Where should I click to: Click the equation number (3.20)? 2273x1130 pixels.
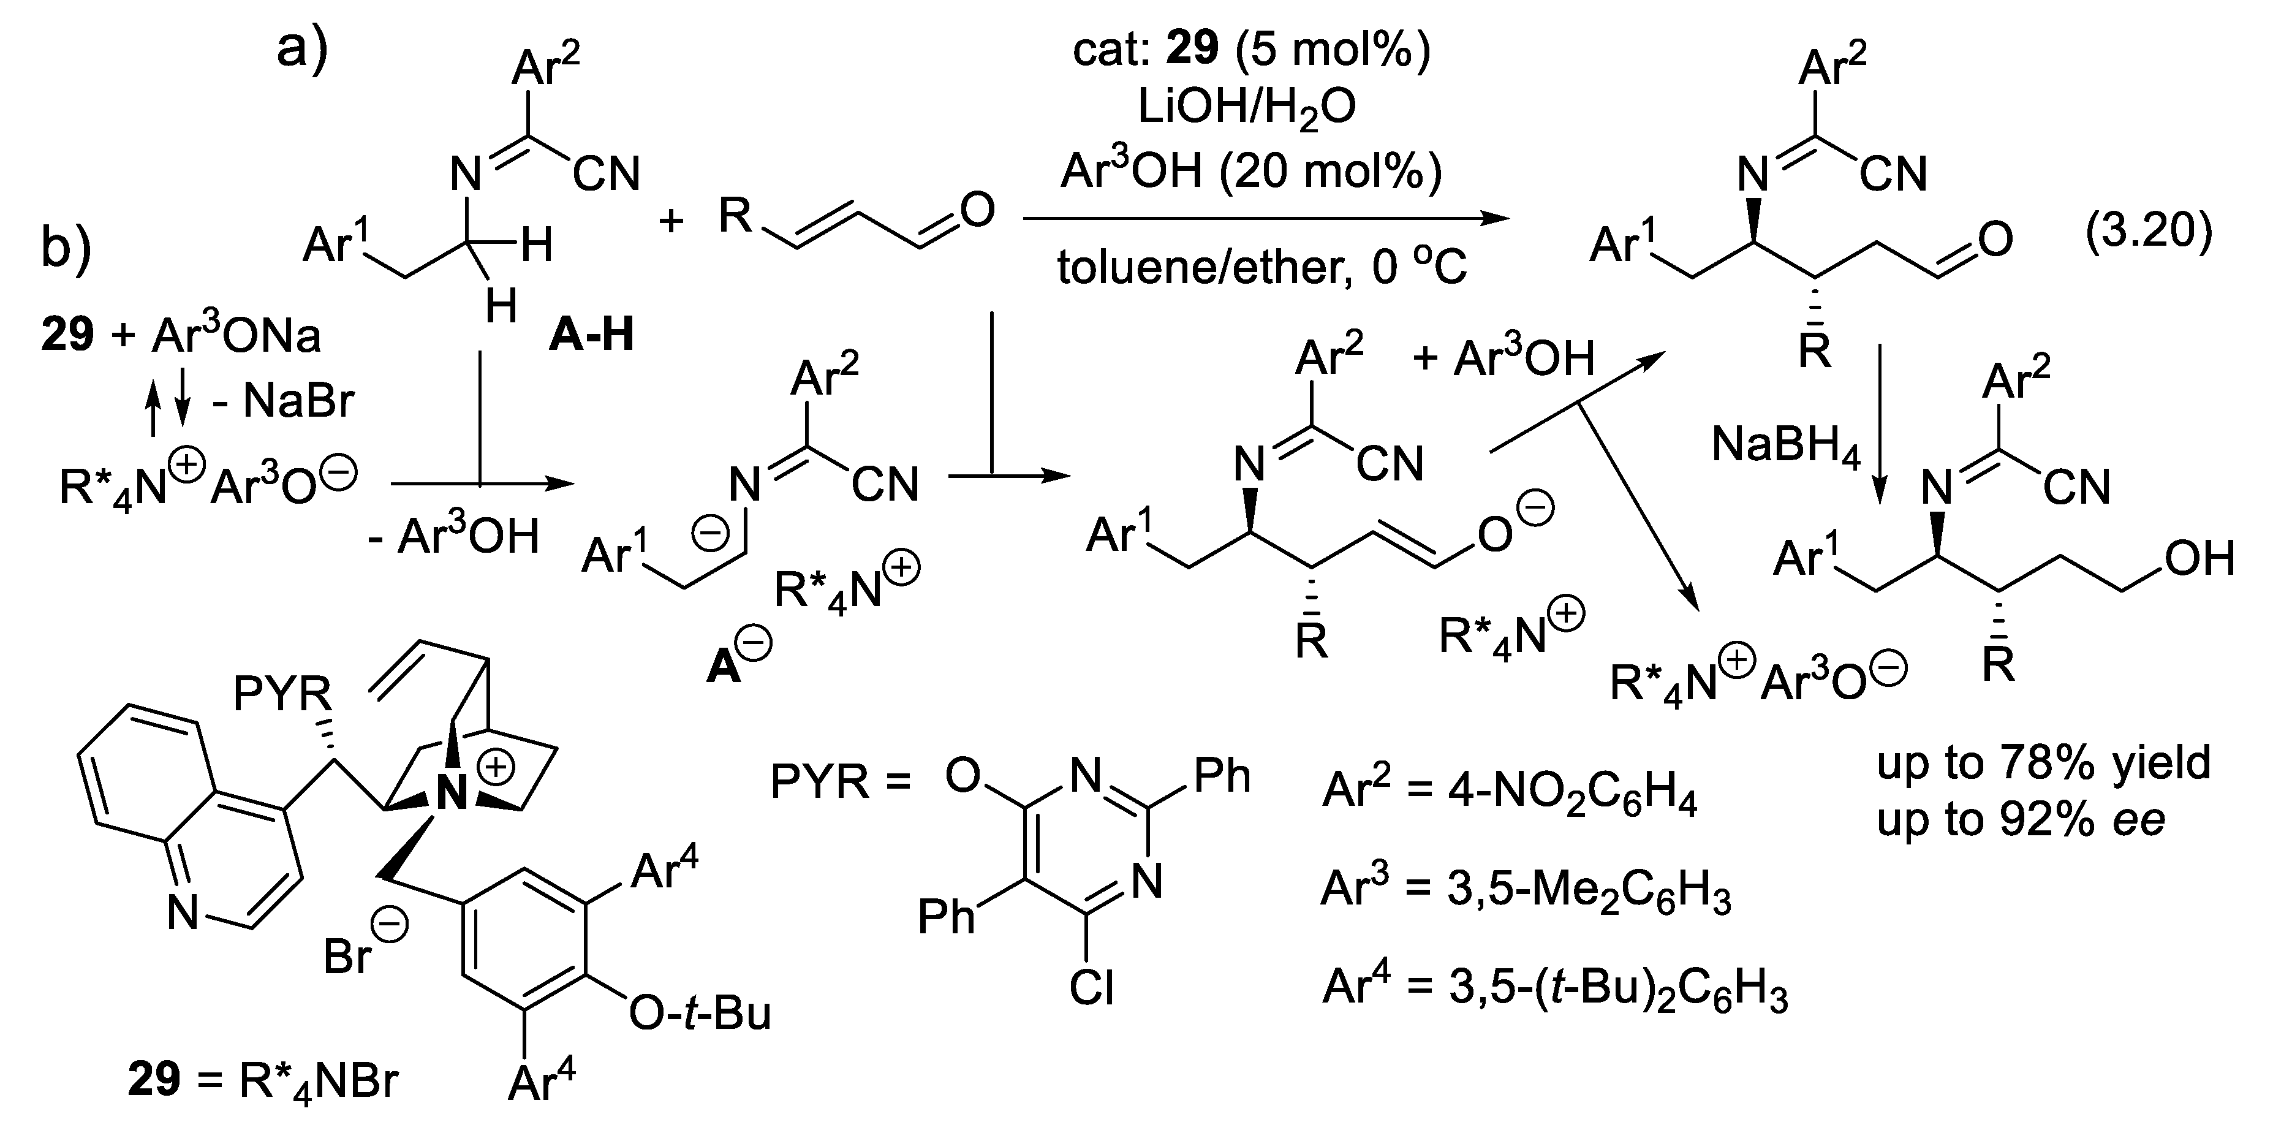2149,231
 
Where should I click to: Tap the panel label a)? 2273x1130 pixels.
302,48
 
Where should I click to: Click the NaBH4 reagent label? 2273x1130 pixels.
1787,445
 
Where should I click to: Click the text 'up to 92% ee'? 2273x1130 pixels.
2021,820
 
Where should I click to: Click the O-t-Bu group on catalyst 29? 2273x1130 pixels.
700,1014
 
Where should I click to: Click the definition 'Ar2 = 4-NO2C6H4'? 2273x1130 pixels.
1510,793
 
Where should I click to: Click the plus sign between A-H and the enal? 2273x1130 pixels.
671,219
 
